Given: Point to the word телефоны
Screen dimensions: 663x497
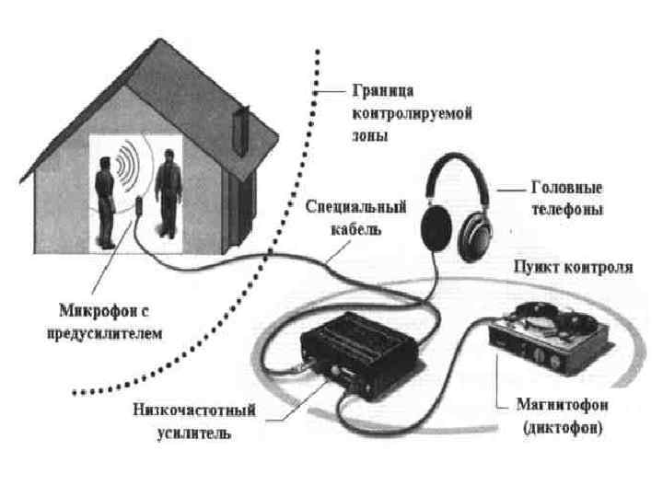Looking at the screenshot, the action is (x=567, y=210).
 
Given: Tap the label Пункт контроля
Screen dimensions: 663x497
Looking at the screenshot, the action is (x=573, y=268).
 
